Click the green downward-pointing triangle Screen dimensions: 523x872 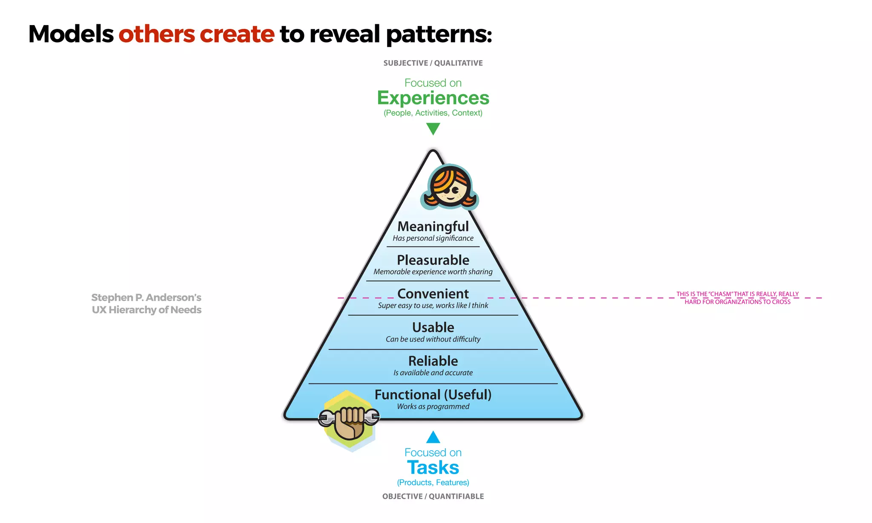[433, 128]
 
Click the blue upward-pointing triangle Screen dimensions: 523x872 [433, 437]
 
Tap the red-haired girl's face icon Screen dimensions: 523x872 [450, 188]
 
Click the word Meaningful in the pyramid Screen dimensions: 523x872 [433, 226]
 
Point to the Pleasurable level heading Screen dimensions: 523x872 [433, 260]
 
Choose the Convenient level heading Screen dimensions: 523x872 [433, 294]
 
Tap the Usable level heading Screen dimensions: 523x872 [433, 327]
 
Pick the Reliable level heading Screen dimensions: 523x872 [433, 361]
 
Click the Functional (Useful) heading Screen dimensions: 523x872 [433, 394]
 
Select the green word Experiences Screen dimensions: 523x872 [433, 98]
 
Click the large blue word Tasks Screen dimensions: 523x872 [433, 468]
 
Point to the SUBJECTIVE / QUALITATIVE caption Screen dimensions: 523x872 [433, 63]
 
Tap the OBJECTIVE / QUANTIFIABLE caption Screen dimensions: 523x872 [433, 496]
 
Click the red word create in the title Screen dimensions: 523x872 [237, 34]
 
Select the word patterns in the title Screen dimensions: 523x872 [439, 34]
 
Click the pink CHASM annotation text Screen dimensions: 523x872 [737, 298]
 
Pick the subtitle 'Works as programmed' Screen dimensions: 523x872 [433, 406]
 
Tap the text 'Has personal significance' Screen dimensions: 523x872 [433, 238]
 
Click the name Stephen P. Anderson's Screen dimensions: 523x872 [146, 297]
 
